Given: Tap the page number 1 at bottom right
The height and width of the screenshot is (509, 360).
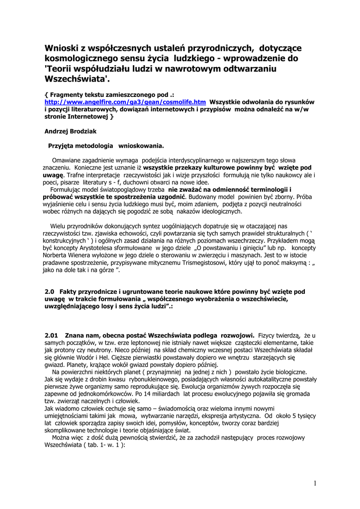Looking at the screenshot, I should point(315,483).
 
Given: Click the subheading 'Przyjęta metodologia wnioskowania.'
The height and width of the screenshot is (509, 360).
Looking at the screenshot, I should point(106,146).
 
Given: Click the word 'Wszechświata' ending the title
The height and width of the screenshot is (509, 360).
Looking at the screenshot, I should point(75,79).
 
